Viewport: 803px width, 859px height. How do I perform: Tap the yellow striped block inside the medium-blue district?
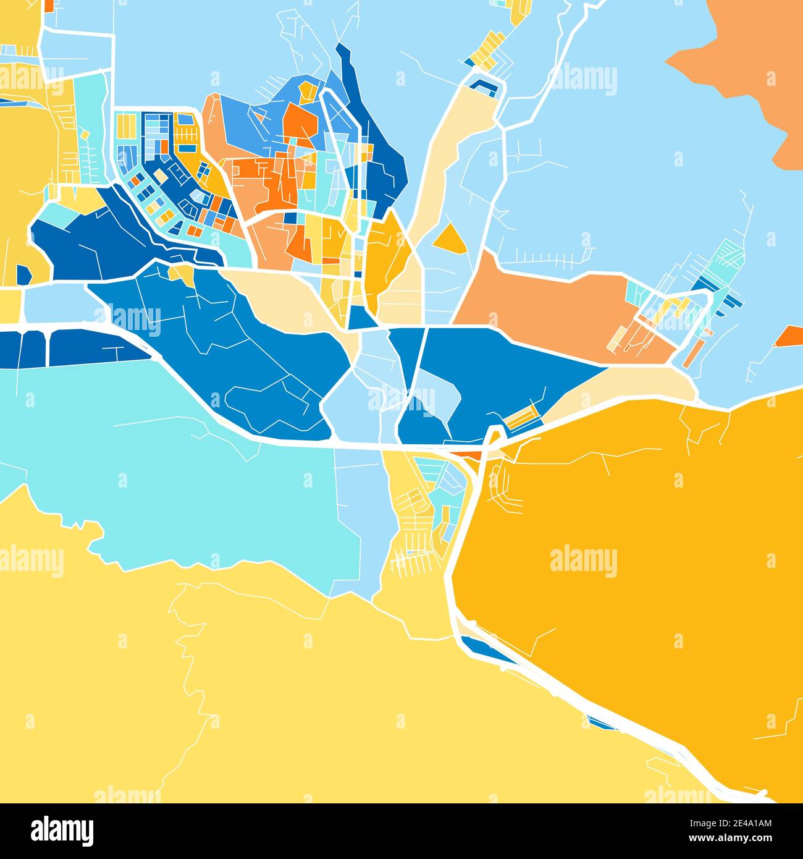pos(521,418)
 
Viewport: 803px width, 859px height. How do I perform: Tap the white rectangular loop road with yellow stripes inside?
pos(673,321)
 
